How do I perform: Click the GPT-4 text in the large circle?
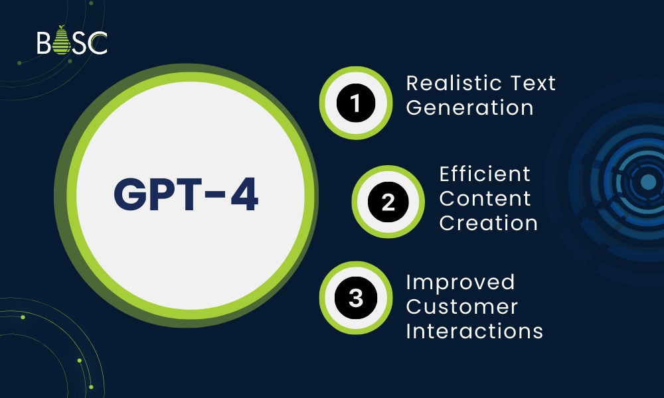tap(186, 194)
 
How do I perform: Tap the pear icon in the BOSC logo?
tap(62, 40)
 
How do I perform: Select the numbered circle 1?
tap(356, 103)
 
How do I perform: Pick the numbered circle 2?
tap(388, 202)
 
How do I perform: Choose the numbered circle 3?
tap(356, 298)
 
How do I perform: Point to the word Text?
tap(533, 84)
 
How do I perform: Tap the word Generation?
tap(469, 107)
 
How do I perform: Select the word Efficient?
tap(485, 174)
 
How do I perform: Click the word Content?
tap(485, 199)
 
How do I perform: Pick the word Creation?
tap(488, 223)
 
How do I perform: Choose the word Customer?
tap(461, 306)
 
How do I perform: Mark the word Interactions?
tap(474, 331)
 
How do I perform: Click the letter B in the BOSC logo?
tap(44, 42)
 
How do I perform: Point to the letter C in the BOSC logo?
tap(99, 42)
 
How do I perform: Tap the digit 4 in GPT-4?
tap(244, 194)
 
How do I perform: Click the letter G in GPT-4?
tap(129, 194)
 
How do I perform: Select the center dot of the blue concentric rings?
tap(647, 182)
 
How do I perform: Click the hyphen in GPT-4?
tap(217, 196)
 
